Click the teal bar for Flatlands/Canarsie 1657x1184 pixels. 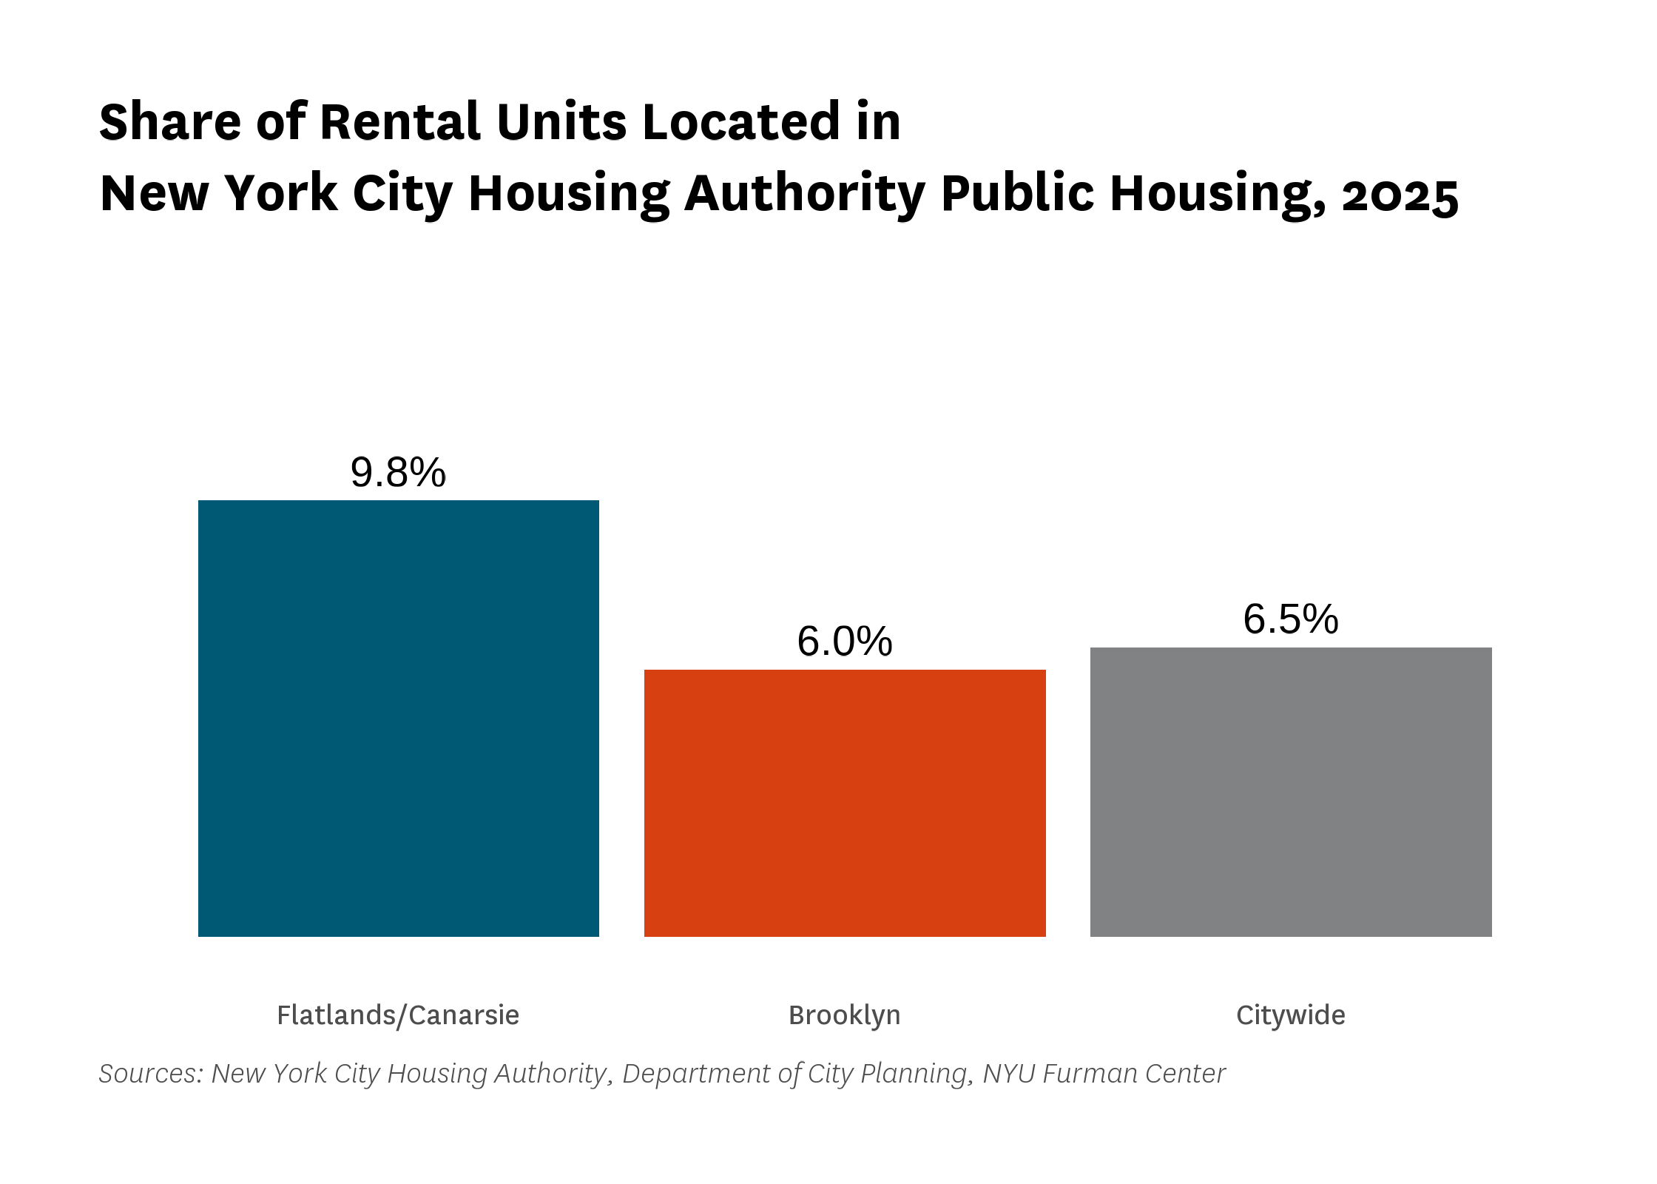pos(399,719)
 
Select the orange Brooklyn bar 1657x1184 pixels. pos(845,804)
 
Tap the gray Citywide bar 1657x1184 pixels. pos(1291,793)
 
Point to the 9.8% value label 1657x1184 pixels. pos(399,473)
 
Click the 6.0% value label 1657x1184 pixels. pos(845,642)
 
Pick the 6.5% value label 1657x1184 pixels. pos(1291,619)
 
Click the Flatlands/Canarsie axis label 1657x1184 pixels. pos(398,1015)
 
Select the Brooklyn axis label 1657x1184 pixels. pos(845,1016)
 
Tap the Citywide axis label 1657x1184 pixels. pos(1291,1016)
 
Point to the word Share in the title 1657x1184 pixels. pos(170,121)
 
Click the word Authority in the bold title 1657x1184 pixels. pos(805,195)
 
